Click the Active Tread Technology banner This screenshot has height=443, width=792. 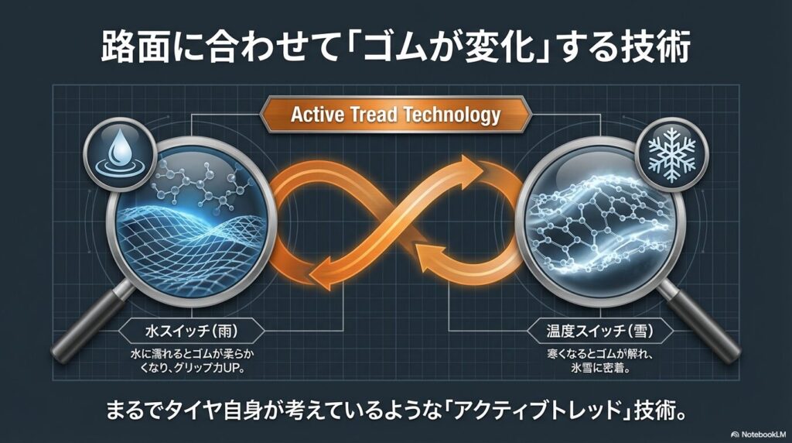tap(395, 115)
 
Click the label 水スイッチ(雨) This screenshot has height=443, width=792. tap(192, 331)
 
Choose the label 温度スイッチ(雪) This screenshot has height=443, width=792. tap(599, 331)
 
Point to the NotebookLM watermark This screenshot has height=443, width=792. tap(758, 434)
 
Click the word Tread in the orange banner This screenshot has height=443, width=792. tap(374, 115)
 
